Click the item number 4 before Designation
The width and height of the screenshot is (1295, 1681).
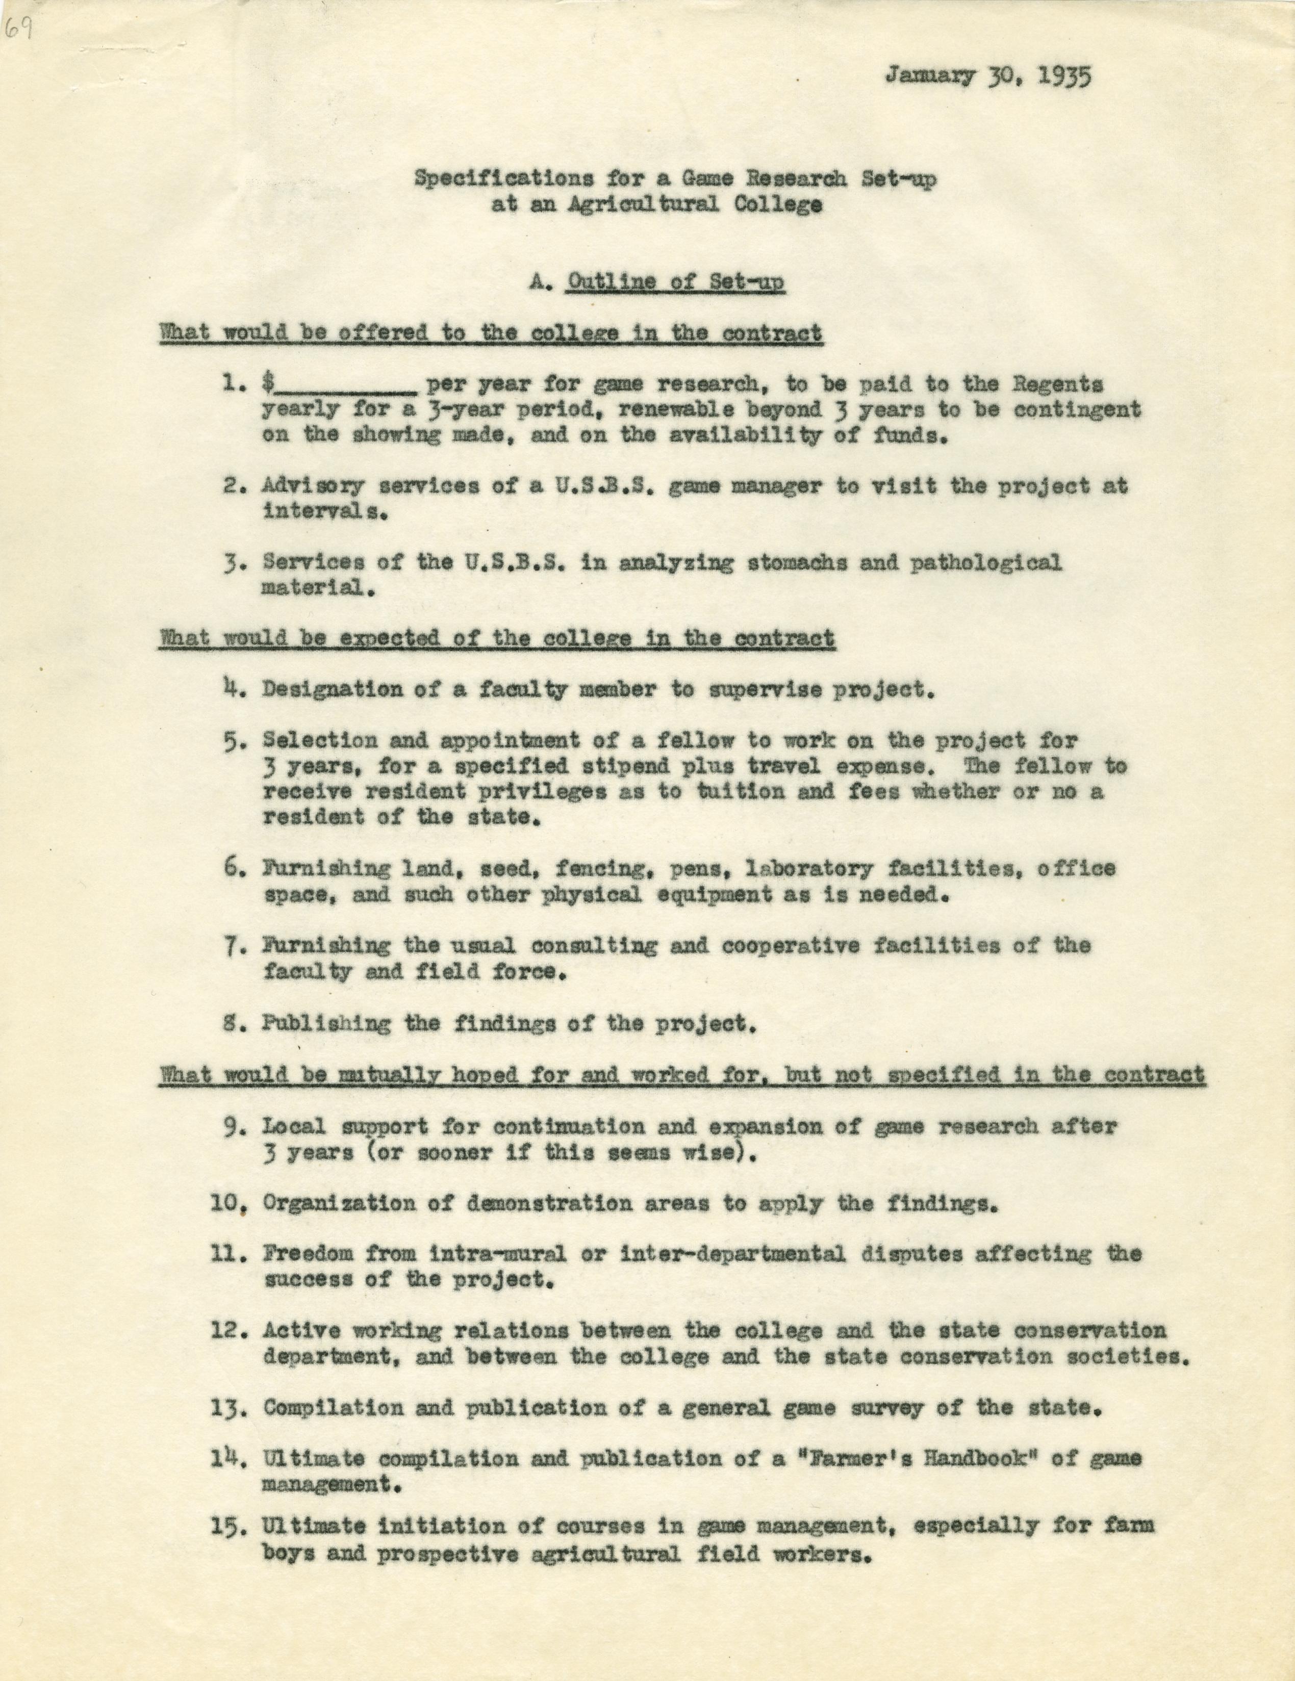pyautogui.click(x=228, y=689)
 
